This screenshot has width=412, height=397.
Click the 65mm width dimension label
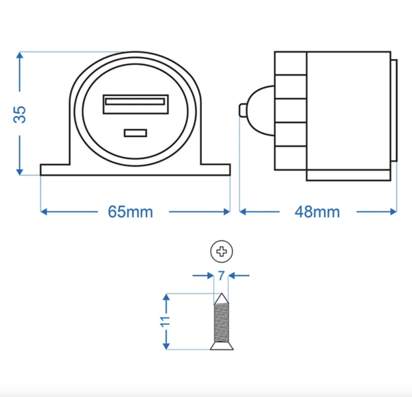(130, 212)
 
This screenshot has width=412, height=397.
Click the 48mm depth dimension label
(317, 212)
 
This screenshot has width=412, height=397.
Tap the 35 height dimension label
(21, 114)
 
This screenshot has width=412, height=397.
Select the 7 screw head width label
(221, 276)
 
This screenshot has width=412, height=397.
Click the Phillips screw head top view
(221, 252)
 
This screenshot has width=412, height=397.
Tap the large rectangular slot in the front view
(135, 104)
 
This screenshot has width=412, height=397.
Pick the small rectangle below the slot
(135, 132)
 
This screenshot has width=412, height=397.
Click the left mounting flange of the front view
(55, 169)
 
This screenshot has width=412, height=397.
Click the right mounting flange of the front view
(214, 169)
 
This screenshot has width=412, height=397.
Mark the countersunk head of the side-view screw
(221, 345)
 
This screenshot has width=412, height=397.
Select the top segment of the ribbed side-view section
(290, 62)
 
